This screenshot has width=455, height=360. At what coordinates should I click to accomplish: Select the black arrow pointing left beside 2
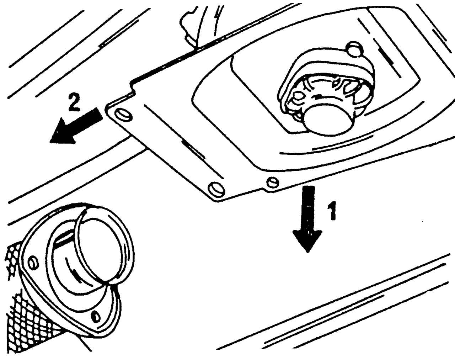pos(75,127)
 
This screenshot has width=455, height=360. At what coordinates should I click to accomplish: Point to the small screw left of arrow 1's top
pos(272,182)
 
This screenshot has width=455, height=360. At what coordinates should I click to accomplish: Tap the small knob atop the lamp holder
pos(354,49)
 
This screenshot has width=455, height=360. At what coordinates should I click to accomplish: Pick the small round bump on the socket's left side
pos(298,96)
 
